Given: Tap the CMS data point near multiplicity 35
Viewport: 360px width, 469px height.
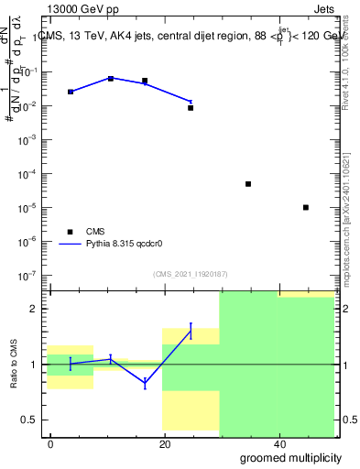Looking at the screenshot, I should tap(248, 184).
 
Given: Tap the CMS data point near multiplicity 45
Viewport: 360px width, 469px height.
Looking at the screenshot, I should tap(306, 208).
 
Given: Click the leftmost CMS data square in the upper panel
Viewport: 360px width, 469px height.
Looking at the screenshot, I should tap(71, 92).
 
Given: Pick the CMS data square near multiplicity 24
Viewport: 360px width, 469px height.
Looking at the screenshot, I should tap(191, 108).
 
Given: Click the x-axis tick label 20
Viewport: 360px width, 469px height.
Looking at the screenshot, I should tap(165, 444).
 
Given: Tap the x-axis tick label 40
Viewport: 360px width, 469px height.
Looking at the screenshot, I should tap(278, 444).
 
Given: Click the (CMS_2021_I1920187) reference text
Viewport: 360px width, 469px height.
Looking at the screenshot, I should tap(189, 274).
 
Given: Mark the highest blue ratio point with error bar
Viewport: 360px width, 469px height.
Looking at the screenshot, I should tap(191, 331).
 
